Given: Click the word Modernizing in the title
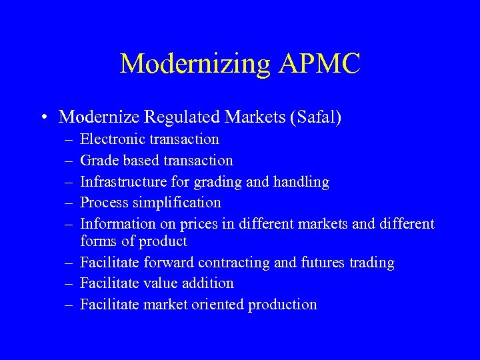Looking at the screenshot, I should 195,64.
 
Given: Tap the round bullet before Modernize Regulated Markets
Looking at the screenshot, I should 43,118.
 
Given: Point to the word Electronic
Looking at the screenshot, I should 112,139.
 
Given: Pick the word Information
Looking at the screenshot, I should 115,224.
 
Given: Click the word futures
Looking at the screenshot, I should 323,263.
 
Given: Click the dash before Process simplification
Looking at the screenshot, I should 69,203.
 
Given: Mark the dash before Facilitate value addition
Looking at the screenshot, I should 69,284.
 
